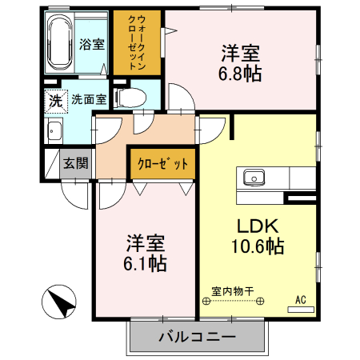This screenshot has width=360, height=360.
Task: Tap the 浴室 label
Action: pos(92,43)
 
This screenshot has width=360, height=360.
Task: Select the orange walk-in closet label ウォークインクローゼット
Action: pos(137,42)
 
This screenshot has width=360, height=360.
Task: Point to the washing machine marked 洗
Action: pos(55,101)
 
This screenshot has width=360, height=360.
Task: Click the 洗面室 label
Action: pos(89,100)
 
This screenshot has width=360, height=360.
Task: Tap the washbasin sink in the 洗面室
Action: pos(55,132)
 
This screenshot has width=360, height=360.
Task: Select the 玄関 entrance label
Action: pos(77,164)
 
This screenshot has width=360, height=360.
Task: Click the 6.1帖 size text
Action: pos(145,263)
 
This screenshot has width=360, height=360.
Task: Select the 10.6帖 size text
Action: pos(258,247)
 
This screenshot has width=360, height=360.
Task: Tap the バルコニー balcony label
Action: pos(196,337)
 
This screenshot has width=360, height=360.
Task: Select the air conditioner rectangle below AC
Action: pos(301,309)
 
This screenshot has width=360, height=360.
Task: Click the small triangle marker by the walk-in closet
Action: pos(170,31)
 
